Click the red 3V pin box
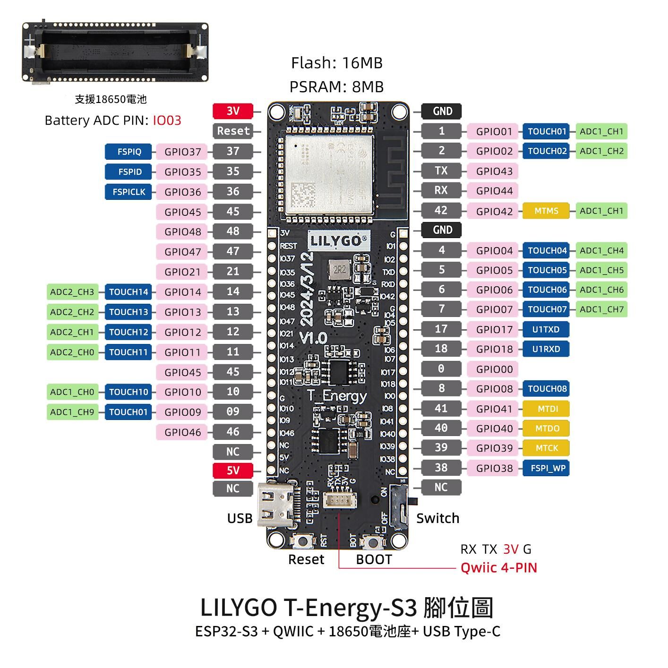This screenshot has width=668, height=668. click(233, 111)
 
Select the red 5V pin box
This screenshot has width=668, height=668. click(233, 471)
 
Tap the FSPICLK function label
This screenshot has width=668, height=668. click(128, 192)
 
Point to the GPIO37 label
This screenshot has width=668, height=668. click(182, 152)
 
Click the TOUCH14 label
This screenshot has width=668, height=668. click(128, 292)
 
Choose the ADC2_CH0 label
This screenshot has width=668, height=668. click(72, 352)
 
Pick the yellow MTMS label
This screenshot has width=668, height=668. click(546, 211)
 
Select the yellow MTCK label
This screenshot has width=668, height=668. click(546, 448)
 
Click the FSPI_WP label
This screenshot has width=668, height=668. click(546, 468)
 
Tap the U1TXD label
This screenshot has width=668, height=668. click(546, 329)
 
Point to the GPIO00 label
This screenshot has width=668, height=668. click(494, 369)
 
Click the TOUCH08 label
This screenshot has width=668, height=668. click(546, 389)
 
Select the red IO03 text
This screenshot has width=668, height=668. click(167, 120)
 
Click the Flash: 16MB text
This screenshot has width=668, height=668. click(336, 63)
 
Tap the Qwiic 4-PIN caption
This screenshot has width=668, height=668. click(499, 567)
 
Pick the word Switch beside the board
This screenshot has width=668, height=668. click(437, 518)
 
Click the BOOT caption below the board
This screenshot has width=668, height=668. click(374, 559)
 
